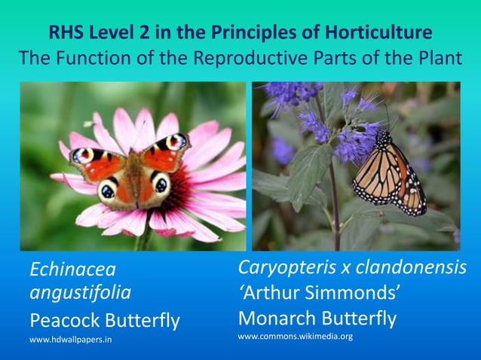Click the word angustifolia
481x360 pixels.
tap(80, 292)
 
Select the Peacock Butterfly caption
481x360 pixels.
tap(104, 321)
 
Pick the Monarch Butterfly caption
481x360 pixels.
tap(317, 318)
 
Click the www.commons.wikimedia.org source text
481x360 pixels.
tap(296, 336)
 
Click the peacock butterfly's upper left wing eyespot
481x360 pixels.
tap(82, 155)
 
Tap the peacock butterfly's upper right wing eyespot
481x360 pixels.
tap(176, 141)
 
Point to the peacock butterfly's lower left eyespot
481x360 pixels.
tap(108, 191)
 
